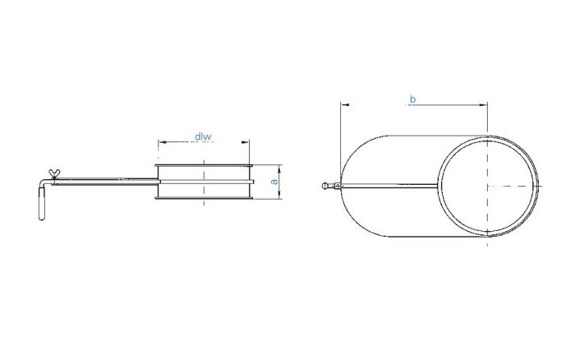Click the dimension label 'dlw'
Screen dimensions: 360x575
(204, 136)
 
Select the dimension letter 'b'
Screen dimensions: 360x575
(412, 99)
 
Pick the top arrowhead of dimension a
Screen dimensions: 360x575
(281, 164)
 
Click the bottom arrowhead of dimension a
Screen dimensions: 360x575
(281, 195)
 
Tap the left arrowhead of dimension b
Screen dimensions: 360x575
(343, 105)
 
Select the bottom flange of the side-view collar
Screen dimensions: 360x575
(203, 197)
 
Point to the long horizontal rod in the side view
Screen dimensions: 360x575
(107, 178)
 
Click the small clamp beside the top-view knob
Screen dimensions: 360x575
(336, 187)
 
